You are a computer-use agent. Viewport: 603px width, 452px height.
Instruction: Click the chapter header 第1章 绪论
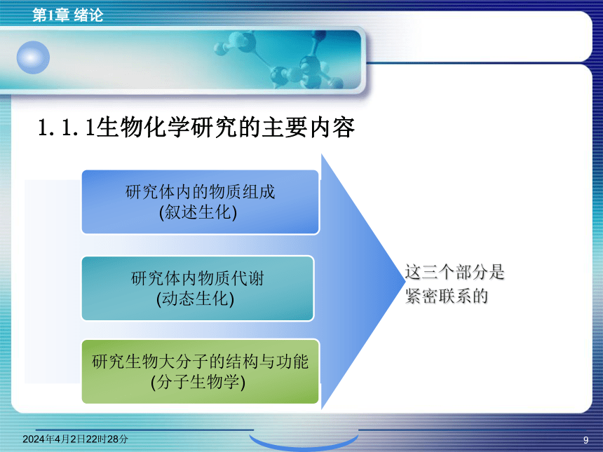tap(68, 15)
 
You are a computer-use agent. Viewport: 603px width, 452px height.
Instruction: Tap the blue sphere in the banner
tap(33, 57)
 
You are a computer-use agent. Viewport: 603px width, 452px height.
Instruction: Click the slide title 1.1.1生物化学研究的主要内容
tap(196, 128)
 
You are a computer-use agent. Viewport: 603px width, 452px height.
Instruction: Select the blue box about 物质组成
tap(201, 202)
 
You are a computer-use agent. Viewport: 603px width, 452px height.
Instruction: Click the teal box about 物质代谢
tap(198, 288)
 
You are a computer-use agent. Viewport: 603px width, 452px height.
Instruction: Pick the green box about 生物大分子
tap(201, 371)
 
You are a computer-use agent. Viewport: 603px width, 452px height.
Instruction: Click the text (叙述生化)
tap(198, 212)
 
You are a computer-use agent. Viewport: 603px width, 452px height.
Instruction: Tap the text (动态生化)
tap(196, 299)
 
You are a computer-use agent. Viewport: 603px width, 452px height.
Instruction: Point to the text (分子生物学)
tap(198, 382)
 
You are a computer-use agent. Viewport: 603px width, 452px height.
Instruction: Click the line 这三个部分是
tap(454, 272)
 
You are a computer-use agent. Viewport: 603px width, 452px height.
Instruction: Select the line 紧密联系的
tap(447, 296)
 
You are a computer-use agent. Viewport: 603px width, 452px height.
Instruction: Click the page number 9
tap(585, 440)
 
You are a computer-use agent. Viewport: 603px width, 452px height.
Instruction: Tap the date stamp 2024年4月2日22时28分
tap(76, 439)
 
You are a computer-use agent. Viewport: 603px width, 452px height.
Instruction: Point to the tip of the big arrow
tap(405, 280)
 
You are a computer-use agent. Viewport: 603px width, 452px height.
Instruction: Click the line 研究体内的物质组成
tap(201, 192)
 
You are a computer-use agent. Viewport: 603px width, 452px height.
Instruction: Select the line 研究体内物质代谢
tap(198, 278)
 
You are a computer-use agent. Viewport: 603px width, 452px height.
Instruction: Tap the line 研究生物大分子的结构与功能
tap(201, 362)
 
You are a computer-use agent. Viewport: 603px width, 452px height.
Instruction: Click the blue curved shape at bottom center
tap(304, 444)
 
